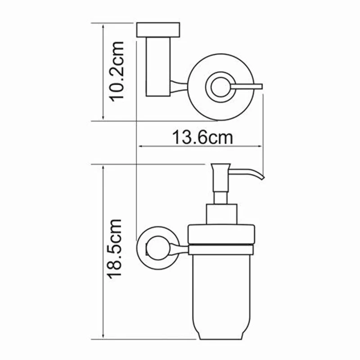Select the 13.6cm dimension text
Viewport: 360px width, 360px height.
(x=202, y=136)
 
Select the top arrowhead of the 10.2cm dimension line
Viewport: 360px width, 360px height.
(x=103, y=26)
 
